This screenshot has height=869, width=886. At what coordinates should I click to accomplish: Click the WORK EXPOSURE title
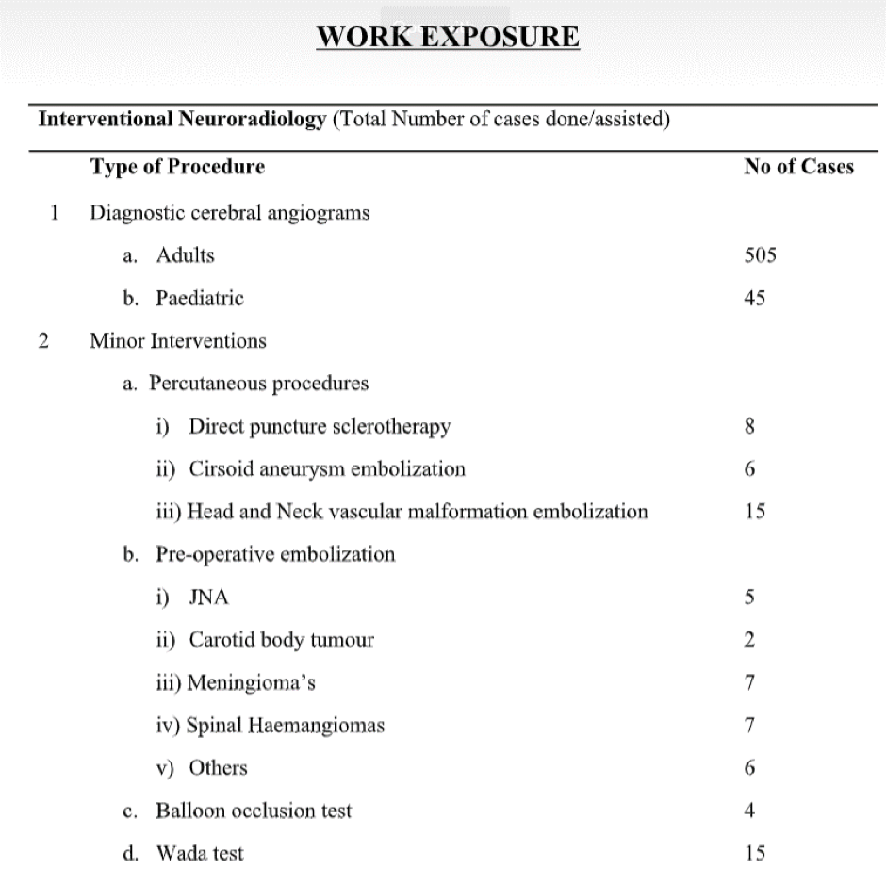pyautogui.click(x=448, y=38)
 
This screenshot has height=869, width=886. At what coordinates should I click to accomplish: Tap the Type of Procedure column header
pyautogui.click(x=177, y=167)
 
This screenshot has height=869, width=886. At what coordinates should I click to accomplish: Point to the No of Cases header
pyautogui.click(x=798, y=167)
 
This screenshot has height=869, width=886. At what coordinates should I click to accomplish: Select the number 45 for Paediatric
pyautogui.click(x=753, y=298)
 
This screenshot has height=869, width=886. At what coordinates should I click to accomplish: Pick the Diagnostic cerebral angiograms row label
pyautogui.click(x=229, y=212)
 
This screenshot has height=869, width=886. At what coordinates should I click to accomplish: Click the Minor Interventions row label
pyautogui.click(x=177, y=340)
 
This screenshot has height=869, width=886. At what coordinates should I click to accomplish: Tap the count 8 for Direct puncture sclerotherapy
pyautogui.click(x=749, y=426)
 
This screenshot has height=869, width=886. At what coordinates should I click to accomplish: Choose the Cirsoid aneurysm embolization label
pyautogui.click(x=326, y=468)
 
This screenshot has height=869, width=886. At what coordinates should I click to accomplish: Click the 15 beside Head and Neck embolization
pyautogui.click(x=753, y=512)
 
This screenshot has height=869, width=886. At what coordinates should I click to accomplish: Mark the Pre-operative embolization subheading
pyautogui.click(x=275, y=554)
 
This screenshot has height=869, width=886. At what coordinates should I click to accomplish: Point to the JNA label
pyautogui.click(x=209, y=598)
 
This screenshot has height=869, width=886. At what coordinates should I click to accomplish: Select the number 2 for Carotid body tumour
pyautogui.click(x=749, y=640)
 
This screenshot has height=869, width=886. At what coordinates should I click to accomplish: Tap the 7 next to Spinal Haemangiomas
pyautogui.click(x=749, y=726)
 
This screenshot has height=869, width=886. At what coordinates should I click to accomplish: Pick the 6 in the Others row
pyautogui.click(x=749, y=768)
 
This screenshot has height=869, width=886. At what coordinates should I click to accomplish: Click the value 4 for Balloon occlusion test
pyautogui.click(x=749, y=811)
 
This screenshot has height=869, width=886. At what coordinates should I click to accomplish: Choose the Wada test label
pyautogui.click(x=199, y=854)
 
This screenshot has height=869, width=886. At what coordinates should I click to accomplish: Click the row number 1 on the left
pyautogui.click(x=54, y=212)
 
